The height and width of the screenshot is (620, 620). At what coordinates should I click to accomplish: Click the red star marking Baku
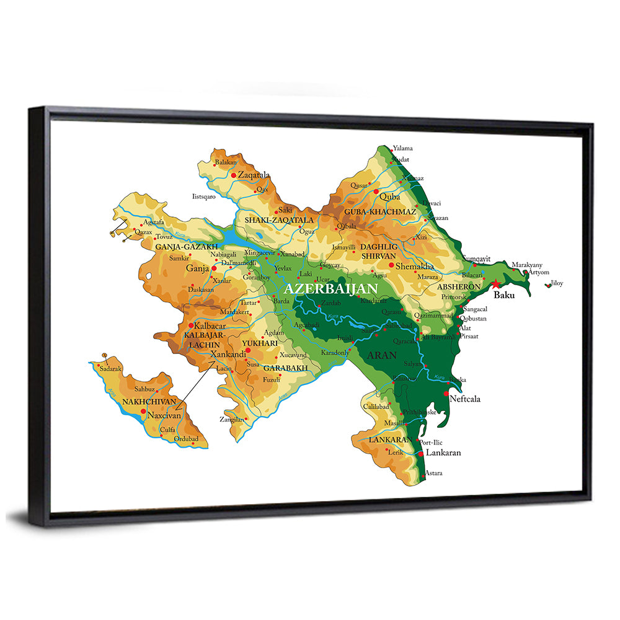tap(496, 285)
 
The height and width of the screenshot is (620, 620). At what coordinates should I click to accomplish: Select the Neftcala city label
tap(464, 399)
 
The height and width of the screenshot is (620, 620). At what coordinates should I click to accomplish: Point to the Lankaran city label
tap(443, 453)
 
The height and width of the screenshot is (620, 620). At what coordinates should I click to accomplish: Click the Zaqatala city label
tap(254, 175)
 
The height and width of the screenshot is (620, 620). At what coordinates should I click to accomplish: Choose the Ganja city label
tap(197, 268)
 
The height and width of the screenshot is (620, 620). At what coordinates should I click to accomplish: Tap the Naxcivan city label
tap(164, 415)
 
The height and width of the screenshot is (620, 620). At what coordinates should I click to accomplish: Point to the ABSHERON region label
tap(459, 287)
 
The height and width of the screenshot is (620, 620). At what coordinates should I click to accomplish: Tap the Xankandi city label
tap(228, 354)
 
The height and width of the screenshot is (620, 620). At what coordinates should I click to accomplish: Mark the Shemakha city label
tap(415, 266)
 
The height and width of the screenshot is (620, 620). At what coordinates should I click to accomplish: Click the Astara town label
tap(433, 473)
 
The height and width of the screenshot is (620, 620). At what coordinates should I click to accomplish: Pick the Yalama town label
tap(402, 149)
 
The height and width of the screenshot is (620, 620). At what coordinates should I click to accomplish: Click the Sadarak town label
tap(110, 368)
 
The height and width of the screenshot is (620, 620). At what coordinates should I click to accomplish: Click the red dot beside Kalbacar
tap(191, 325)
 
